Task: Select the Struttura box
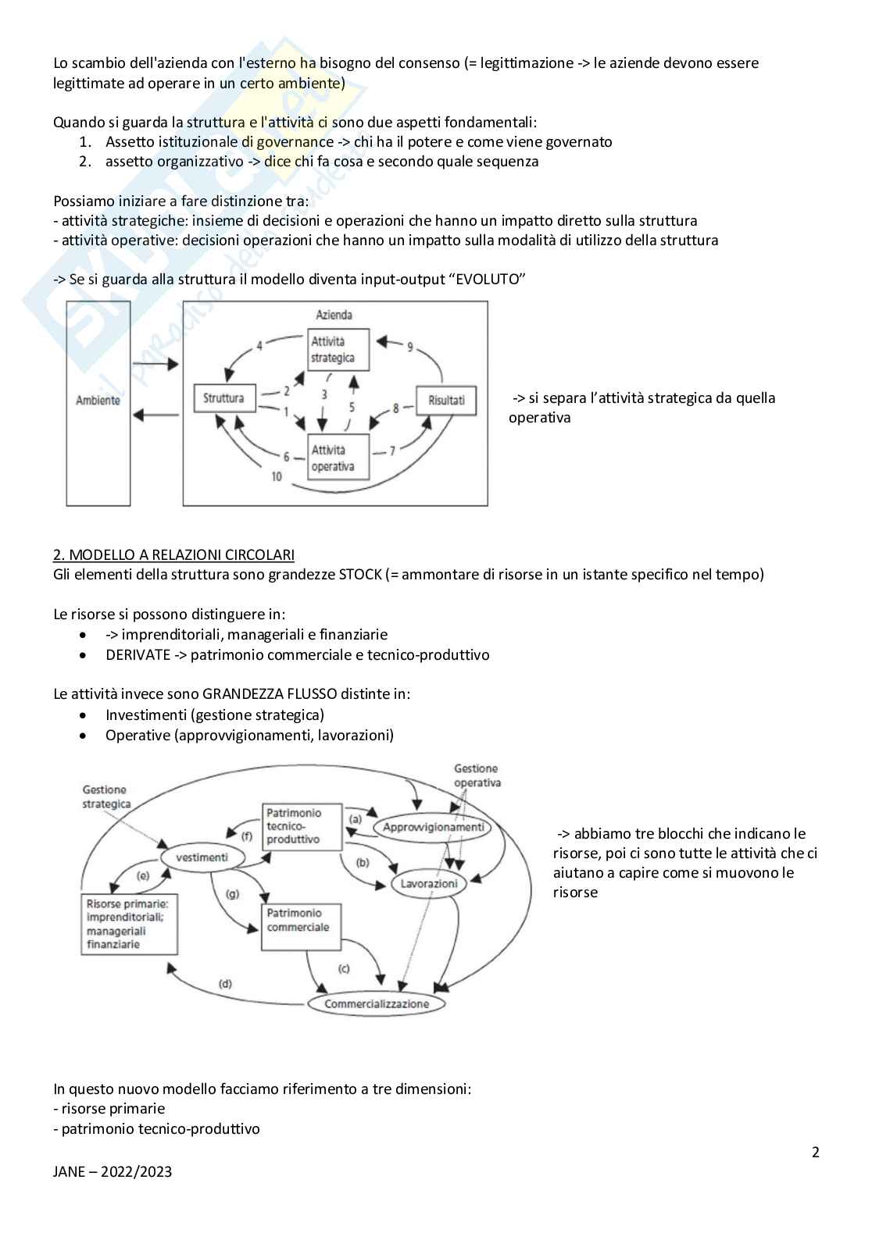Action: point(223,398)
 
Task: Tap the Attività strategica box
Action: point(337,350)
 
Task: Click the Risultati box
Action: point(446,400)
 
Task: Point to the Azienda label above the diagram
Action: point(334,315)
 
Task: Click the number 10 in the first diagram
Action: point(277,476)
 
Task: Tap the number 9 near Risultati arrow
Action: point(409,347)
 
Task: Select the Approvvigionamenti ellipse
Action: point(433,828)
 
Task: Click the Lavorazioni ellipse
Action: point(429,884)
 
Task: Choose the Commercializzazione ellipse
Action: point(377,1003)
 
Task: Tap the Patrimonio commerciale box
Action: point(298,927)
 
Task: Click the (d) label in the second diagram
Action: point(225,984)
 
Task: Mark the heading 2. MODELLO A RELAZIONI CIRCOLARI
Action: point(173,554)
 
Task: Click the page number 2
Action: point(816,1152)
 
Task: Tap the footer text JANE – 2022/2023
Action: point(113,1171)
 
